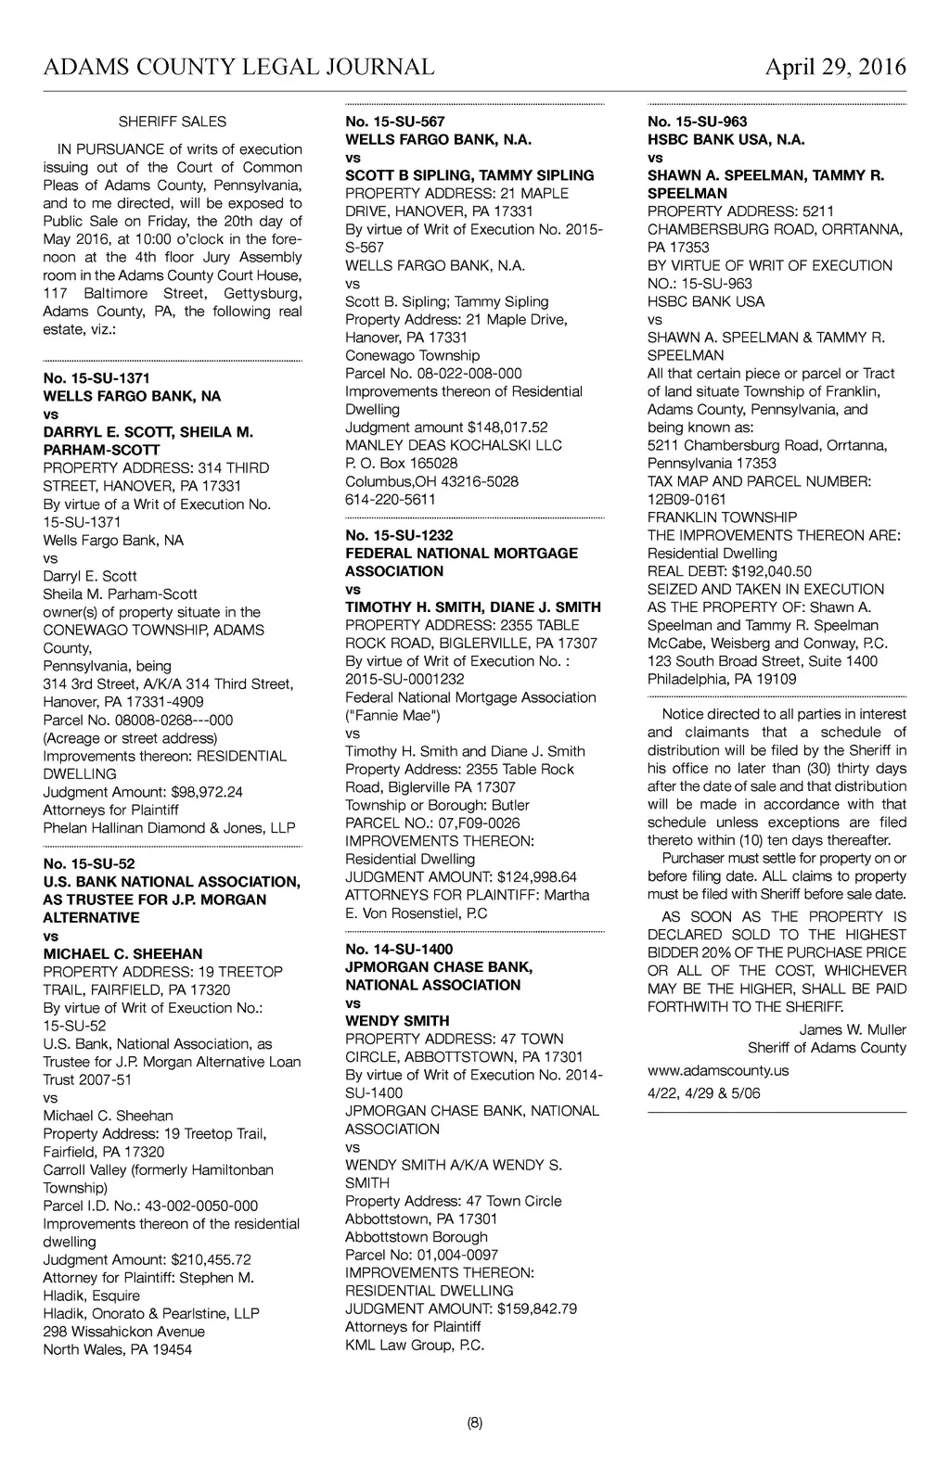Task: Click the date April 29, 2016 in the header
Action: (835, 68)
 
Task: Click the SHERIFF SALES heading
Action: (173, 121)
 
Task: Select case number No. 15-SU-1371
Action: (96, 378)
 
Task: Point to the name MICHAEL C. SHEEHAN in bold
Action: (122, 953)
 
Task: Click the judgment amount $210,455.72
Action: (211, 1259)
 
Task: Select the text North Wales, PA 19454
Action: (118, 1349)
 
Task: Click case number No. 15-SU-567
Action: (395, 121)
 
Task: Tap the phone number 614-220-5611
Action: (391, 499)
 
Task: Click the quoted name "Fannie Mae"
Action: (393, 715)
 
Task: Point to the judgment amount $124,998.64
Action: (537, 877)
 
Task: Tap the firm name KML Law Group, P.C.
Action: (415, 1345)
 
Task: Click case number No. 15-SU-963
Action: (698, 121)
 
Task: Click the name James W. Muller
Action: (853, 1029)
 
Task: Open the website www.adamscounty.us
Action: (718, 1070)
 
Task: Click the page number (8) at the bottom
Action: (475, 1423)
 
